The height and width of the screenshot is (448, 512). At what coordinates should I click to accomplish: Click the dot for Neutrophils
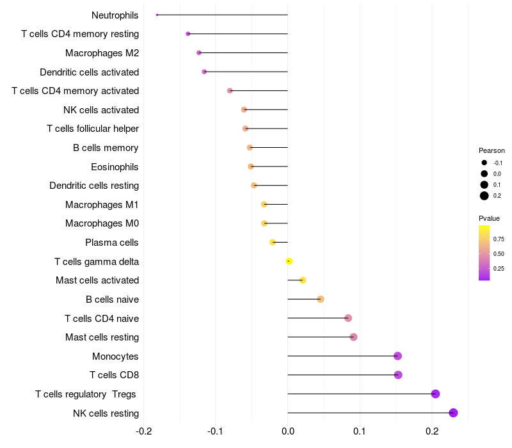point(157,15)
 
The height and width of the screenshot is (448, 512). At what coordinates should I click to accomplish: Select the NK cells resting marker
point(453,413)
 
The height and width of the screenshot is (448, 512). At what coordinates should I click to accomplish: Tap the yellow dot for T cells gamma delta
point(289,261)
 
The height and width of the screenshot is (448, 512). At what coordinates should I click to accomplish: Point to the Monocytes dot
point(397,356)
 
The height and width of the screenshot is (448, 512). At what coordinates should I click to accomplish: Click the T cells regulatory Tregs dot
point(435,394)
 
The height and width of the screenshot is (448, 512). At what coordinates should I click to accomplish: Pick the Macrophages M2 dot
point(199,53)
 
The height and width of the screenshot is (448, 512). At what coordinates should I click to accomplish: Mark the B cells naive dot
point(321,299)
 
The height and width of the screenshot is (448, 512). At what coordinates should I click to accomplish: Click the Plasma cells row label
point(111,243)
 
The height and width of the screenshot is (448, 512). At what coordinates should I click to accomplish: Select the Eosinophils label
point(115,167)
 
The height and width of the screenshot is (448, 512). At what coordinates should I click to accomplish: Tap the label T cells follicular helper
point(93,129)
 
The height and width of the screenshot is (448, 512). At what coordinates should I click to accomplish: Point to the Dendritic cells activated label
point(89,72)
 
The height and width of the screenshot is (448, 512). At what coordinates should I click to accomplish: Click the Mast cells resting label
point(102,337)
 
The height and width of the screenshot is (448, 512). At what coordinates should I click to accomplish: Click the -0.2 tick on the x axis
point(143,431)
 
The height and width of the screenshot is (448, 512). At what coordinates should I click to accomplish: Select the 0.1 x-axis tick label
point(360,431)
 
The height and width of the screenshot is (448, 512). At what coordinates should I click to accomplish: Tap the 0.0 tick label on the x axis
point(287,431)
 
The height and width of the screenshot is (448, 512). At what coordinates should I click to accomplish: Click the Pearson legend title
point(492,150)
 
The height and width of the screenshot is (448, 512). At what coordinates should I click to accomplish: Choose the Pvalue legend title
point(489,218)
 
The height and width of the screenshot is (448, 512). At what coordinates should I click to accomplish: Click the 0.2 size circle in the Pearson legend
point(484,196)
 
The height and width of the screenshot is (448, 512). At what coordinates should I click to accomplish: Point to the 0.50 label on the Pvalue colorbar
point(499,253)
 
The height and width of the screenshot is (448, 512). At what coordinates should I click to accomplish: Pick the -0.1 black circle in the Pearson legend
point(484,163)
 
